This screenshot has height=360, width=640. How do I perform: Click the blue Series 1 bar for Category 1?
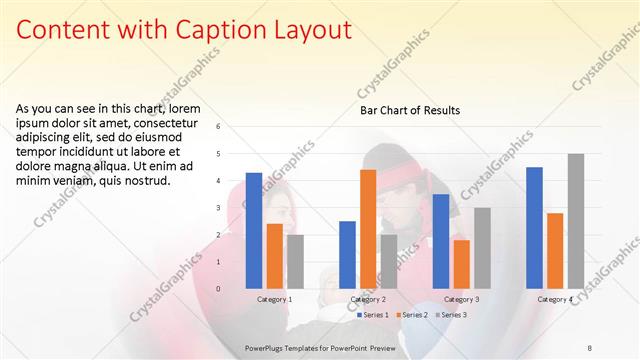(x=254, y=231)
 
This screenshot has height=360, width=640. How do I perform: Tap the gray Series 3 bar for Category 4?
(x=575, y=221)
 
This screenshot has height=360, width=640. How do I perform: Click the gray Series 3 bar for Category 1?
(x=295, y=262)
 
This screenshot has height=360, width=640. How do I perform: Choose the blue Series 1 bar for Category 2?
(x=347, y=255)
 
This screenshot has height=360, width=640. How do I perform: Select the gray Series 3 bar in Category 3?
(x=482, y=248)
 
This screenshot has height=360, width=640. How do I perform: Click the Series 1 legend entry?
(x=372, y=315)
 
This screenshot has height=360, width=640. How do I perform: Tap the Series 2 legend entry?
(x=412, y=315)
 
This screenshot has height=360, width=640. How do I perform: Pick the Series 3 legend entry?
(x=450, y=315)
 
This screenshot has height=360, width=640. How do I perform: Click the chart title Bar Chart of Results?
(x=410, y=111)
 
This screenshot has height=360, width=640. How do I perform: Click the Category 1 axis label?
(x=274, y=299)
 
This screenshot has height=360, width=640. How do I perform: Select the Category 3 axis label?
(x=461, y=299)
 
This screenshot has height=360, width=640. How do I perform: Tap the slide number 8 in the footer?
(x=589, y=346)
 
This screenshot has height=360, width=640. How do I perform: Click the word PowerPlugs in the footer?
(x=268, y=346)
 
